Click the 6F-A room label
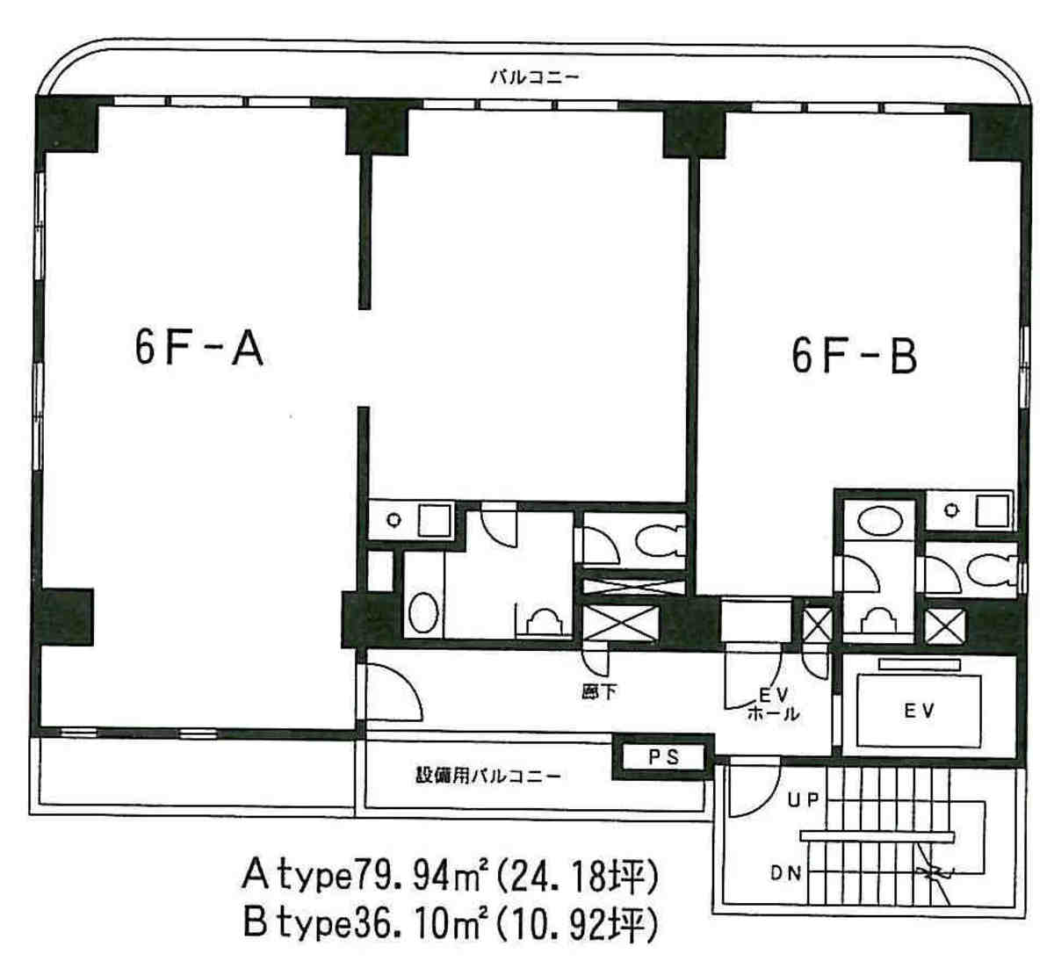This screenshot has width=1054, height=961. (199, 349)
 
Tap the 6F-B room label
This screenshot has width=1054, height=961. (854, 356)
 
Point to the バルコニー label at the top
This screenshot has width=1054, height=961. (534, 78)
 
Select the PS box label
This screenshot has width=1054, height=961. (664, 757)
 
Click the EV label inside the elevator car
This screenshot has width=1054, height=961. (919, 711)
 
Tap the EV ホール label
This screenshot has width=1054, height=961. (774, 704)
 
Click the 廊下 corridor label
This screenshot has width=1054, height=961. (599, 692)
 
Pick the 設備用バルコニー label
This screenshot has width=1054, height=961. (488, 776)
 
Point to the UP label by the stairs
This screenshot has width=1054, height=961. (803, 800)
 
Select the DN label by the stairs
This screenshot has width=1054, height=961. (785, 873)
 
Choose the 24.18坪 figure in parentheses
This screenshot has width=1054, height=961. (576, 877)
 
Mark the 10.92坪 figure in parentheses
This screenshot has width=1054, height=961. (576, 924)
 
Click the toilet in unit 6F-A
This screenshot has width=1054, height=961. (660, 540)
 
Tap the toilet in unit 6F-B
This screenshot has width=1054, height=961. (992, 572)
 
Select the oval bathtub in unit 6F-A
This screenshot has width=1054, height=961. (423, 612)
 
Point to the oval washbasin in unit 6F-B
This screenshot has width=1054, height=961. (880, 521)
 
